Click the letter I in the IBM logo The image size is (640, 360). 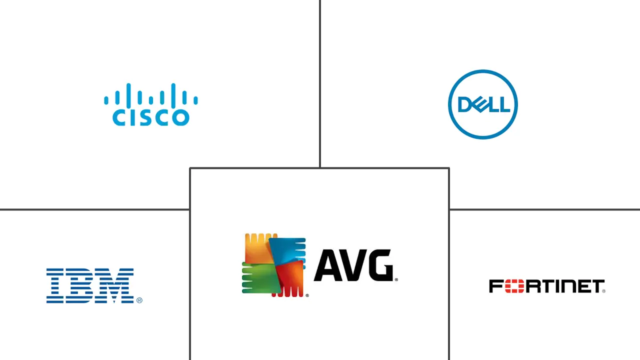tap(56, 285)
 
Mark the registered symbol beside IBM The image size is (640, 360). tap(139, 300)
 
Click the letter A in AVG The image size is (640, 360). tap(327, 265)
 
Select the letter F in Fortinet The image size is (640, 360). tap(495, 286)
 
